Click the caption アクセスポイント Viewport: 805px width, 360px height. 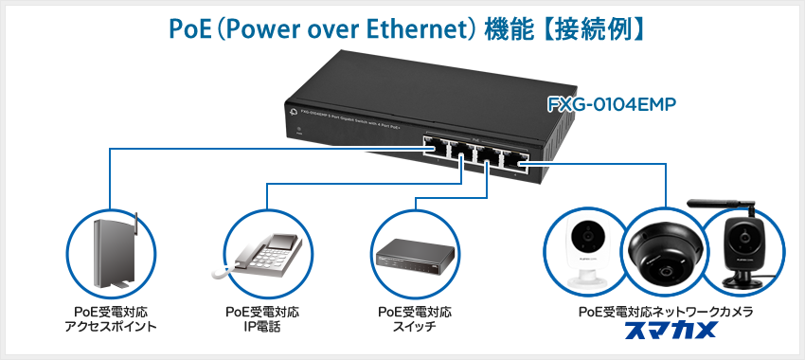point(111,328)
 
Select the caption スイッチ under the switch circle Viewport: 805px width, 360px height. point(414,328)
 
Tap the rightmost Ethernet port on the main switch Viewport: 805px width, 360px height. point(515,159)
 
